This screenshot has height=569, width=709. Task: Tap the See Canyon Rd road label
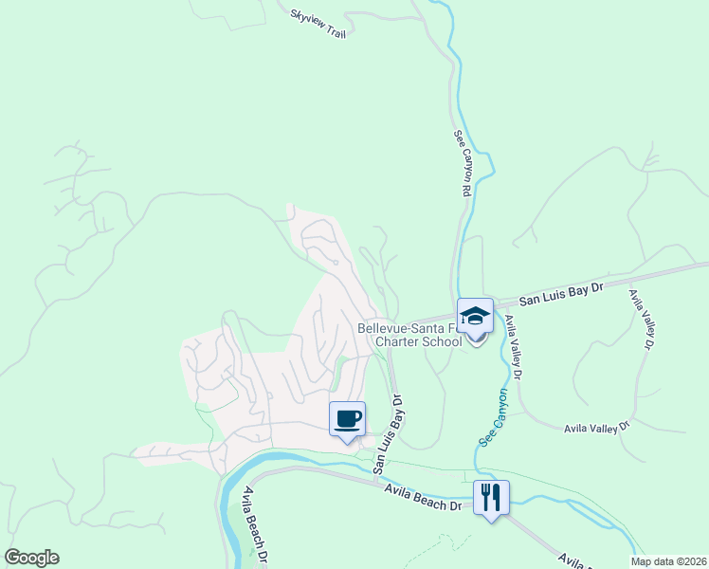(462, 163)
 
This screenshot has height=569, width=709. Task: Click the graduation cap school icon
(476, 316)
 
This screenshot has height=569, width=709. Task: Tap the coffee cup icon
(347, 418)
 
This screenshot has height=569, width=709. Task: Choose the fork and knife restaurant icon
(491, 496)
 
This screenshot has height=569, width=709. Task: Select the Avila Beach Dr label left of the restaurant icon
(422, 497)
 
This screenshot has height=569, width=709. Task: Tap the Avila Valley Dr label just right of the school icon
(516, 347)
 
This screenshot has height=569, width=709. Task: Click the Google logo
(31, 558)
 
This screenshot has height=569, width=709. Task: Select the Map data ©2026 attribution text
(669, 561)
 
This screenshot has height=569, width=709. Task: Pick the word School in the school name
(442, 342)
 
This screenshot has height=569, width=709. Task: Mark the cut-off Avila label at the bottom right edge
(573, 560)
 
